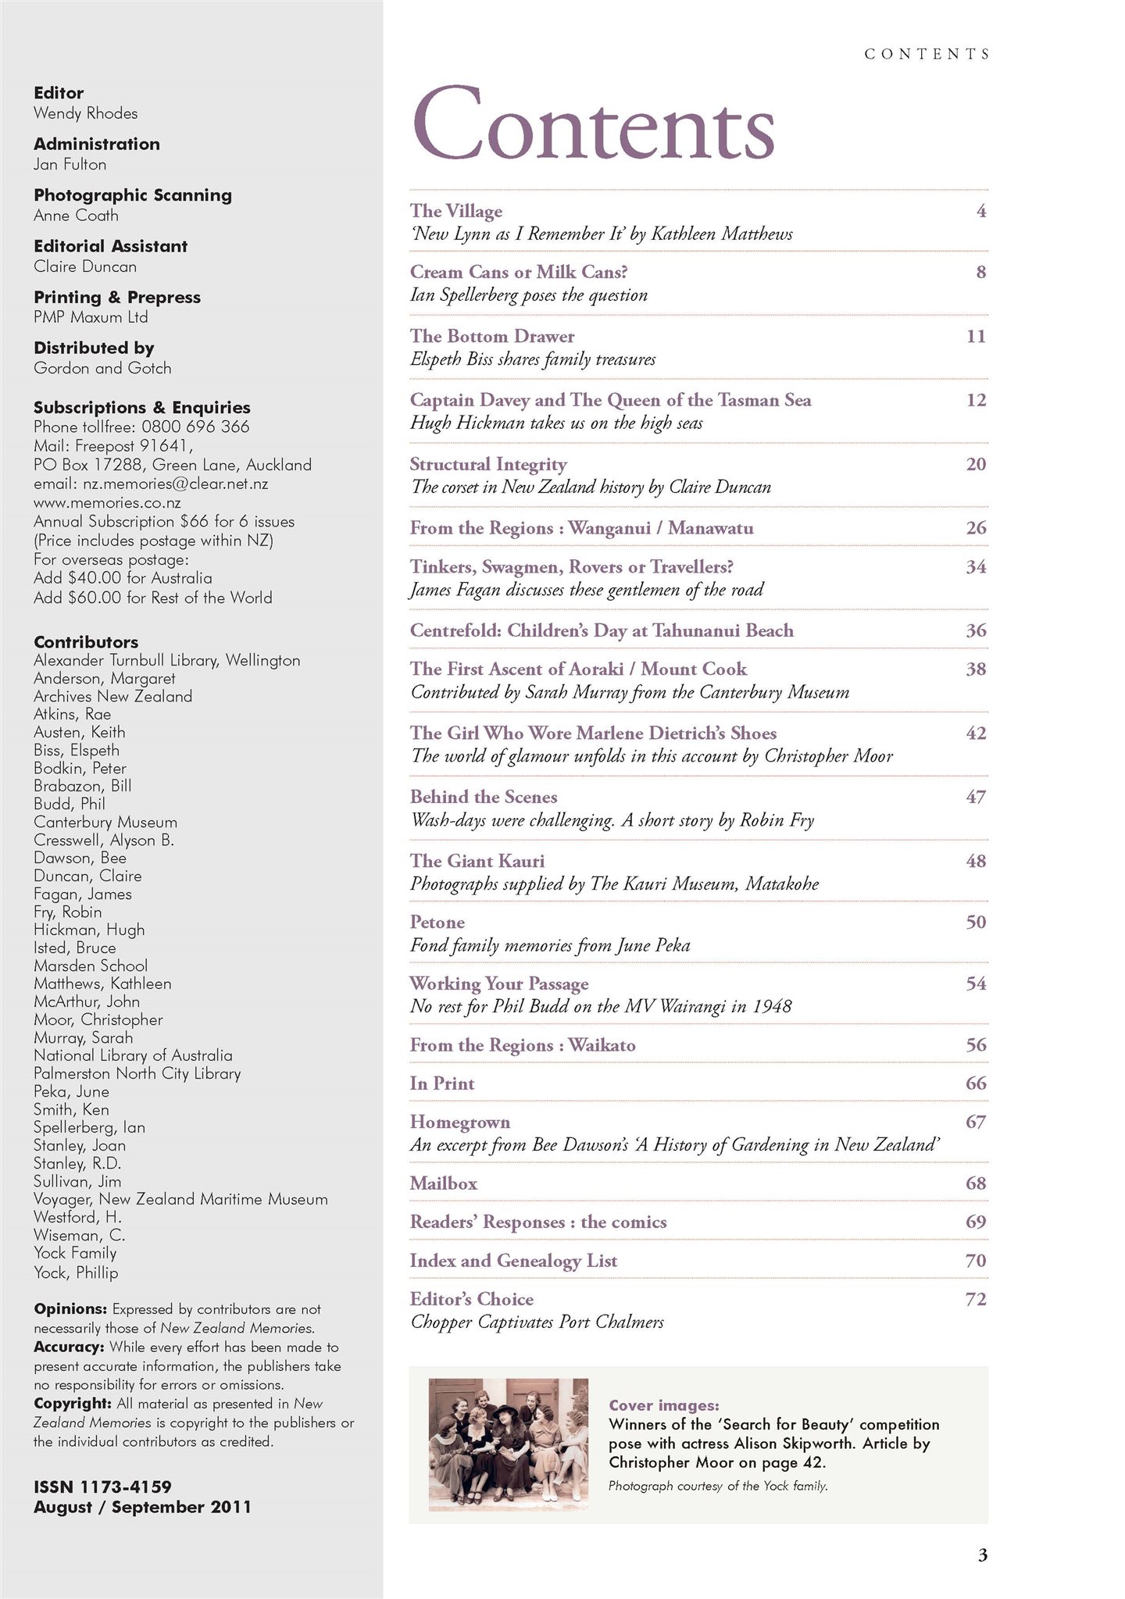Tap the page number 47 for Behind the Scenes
pyautogui.click(x=976, y=797)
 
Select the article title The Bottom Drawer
pyautogui.click(x=492, y=336)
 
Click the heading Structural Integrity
pyautogui.click(x=488, y=464)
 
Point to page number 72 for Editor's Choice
pyautogui.click(x=976, y=1299)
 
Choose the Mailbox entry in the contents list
pyautogui.click(x=444, y=1183)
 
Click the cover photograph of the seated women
pyautogui.click(x=508, y=1444)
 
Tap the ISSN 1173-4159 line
pyautogui.click(x=102, y=1487)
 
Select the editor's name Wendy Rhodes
pyautogui.click(x=85, y=113)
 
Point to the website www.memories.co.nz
pyautogui.click(x=107, y=503)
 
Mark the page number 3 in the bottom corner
pyautogui.click(x=982, y=1556)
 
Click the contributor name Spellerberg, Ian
pyautogui.click(x=89, y=1127)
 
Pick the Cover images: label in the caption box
pyautogui.click(x=663, y=1405)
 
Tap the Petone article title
pyautogui.click(x=437, y=922)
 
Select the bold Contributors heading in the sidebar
pyautogui.click(x=86, y=642)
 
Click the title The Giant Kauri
pyautogui.click(x=477, y=861)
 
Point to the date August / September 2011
pyautogui.click(x=142, y=1507)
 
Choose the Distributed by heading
pyautogui.click(x=94, y=348)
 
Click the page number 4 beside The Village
pyautogui.click(x=981, y=211)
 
